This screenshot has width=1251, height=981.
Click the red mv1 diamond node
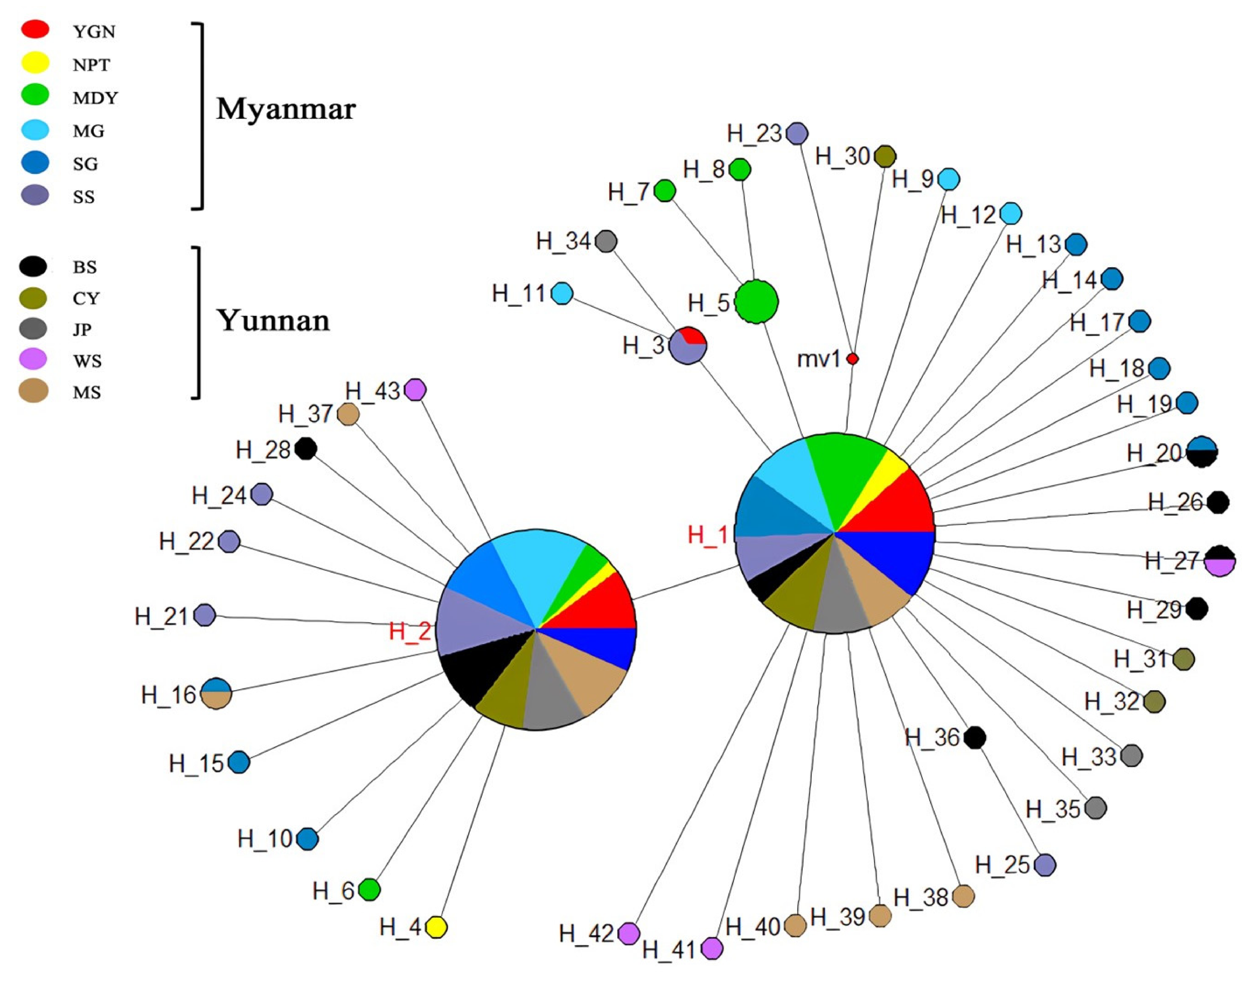tap(853, 359)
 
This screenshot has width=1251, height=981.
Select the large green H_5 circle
tap(756, 302)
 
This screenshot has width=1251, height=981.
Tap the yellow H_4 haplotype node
tap(436, 927)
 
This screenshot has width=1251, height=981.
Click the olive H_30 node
tap(885, 156)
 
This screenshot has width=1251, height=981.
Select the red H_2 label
tap(410, 631)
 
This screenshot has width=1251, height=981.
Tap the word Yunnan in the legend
tap(273, 321)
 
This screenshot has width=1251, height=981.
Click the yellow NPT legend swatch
tap(35, 63)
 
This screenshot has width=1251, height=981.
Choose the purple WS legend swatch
tap(34, 360)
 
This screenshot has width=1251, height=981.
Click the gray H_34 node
tap(606, 241)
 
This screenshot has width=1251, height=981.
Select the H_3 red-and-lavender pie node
tap(688, 345)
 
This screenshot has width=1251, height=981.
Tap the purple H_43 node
tap(415, 390)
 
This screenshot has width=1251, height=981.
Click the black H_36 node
tap(974, 737)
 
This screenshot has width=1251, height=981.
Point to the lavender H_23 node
tap(796, 133)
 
